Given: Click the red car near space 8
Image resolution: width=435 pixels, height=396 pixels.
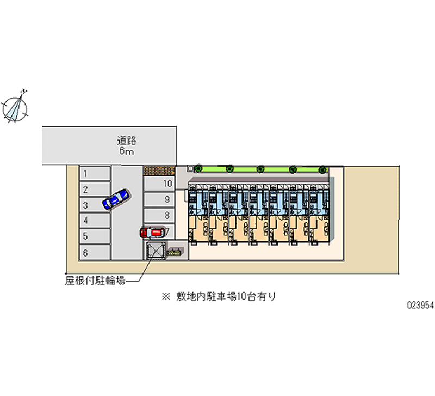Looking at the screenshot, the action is [x=152, y=233].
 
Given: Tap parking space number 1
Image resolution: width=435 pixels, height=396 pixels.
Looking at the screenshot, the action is [x=95, y=174].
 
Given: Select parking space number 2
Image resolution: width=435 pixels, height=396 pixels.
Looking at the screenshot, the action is [x=95, y=190].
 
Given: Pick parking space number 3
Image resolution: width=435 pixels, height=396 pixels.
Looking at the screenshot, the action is [x=95, y=205].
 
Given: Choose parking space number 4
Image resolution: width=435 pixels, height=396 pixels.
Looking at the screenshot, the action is [x=95, y=221].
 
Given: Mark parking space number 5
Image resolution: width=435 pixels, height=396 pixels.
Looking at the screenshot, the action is [x=95, y=236].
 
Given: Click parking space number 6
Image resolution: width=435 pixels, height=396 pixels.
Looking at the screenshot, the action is [x=95, y=253].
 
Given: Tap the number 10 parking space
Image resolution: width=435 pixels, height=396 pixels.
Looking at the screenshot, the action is [x=159, y=184].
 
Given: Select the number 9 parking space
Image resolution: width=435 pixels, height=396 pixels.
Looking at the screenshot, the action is [x=159, y=199].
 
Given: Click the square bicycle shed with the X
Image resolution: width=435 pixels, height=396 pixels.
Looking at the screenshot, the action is [x=156, y=251].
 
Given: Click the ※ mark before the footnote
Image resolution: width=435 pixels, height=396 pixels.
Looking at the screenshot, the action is [x=164, y=296].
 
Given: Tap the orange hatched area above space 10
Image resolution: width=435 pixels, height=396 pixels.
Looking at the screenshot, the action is [x=159, y=170].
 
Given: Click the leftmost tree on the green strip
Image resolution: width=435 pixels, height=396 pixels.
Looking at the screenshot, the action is [x=199, y=168].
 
